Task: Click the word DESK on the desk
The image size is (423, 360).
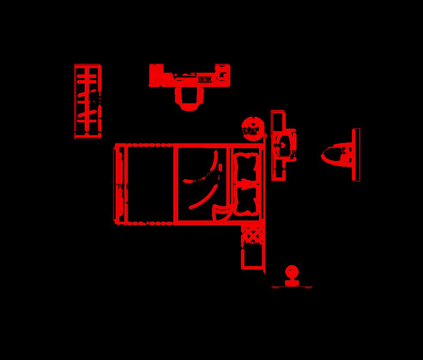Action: click(x=204, y=79)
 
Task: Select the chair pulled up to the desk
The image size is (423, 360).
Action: click(x=188, y=98)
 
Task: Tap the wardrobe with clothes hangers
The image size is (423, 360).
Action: click(x=88, y=101)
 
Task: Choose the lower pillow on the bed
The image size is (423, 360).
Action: click(x=245, y=199)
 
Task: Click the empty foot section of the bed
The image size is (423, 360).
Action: click(x=151, y=184)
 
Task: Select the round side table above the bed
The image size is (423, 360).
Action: click(x=251, y=129)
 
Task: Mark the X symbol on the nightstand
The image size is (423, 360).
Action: click(x=251, y=236)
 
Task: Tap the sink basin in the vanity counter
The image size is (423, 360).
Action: click(x=284, y=145)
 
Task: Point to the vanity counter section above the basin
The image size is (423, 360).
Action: click(x=278, y=121)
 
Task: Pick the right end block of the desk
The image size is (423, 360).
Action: click(x=222, y=75)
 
